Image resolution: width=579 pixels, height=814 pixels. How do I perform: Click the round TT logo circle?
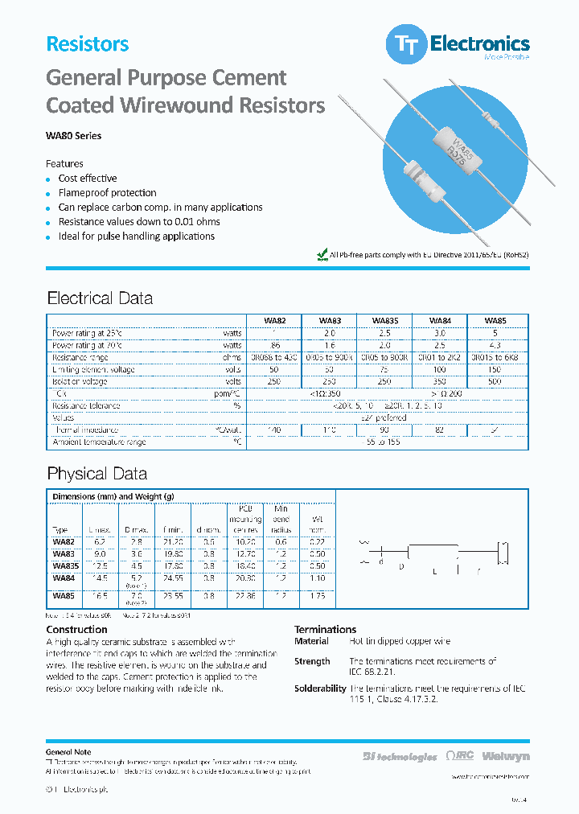406,46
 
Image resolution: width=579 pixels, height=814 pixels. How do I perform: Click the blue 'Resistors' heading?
87,44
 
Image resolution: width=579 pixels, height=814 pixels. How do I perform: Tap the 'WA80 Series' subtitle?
74,136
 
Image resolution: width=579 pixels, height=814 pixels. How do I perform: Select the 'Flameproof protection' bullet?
107,193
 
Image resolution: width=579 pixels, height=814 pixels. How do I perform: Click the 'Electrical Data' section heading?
100,298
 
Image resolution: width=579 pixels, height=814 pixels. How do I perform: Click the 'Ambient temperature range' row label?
99,442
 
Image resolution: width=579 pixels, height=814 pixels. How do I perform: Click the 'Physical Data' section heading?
96,474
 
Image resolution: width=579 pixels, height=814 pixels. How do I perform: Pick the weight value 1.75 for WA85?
317,596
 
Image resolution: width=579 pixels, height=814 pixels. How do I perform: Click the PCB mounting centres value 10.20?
246,542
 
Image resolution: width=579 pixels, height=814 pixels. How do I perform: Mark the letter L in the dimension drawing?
434,570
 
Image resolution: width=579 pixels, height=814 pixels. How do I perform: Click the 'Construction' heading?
76,630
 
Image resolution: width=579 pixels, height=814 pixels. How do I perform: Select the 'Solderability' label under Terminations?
319,689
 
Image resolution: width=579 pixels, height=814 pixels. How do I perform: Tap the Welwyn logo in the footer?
510,756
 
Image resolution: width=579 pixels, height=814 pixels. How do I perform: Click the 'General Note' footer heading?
68,752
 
